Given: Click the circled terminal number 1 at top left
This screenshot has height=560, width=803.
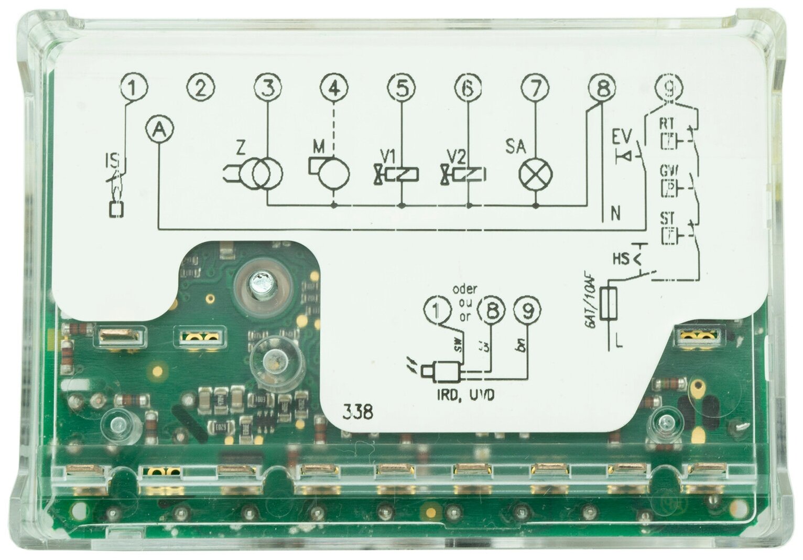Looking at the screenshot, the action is (x=133, y=87).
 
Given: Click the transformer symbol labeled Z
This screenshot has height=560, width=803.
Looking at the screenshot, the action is (x=261, y=174).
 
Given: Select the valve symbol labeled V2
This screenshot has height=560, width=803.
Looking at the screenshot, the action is (x=464, y=174).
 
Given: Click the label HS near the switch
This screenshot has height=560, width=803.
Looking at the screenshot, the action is (x=621, y=259).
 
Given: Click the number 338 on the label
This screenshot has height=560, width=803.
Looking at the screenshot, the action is (x=358, y=412).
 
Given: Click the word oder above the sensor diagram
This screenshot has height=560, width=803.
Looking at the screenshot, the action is (x=465, y=290).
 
